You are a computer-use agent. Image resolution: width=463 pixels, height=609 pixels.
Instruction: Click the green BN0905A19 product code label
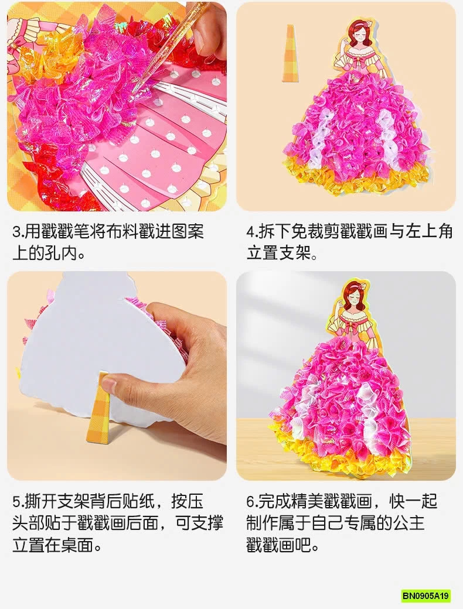[426, 596]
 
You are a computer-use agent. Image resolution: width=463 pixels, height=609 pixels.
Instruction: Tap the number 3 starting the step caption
[16, 231]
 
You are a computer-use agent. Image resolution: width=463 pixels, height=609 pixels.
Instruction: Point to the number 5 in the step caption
[16, 503]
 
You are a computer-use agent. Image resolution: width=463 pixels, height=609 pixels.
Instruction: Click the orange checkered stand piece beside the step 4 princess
[290, 53]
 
